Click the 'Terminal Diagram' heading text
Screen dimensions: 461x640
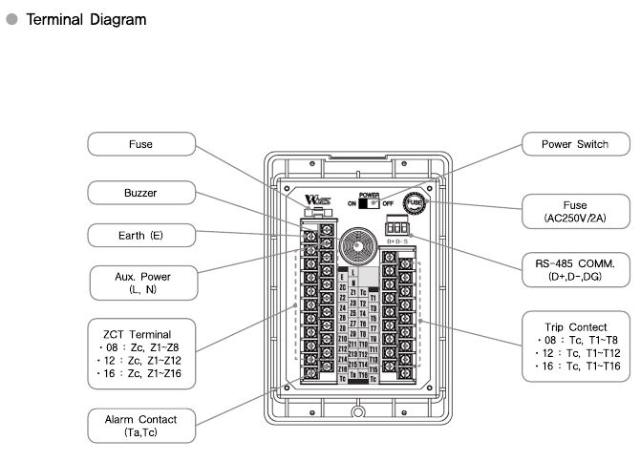[86, 19]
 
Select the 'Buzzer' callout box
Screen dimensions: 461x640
[141, 192]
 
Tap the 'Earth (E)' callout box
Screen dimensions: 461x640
[141, 235]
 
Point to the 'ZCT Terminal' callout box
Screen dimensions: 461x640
[141, 352]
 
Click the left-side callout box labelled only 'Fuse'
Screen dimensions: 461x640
[141, 145]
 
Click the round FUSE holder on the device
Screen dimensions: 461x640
[415, 202]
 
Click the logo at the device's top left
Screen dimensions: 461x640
[318, 201]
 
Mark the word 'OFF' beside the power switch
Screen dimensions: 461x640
[388, 203]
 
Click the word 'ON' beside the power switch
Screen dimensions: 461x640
[352, 203]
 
